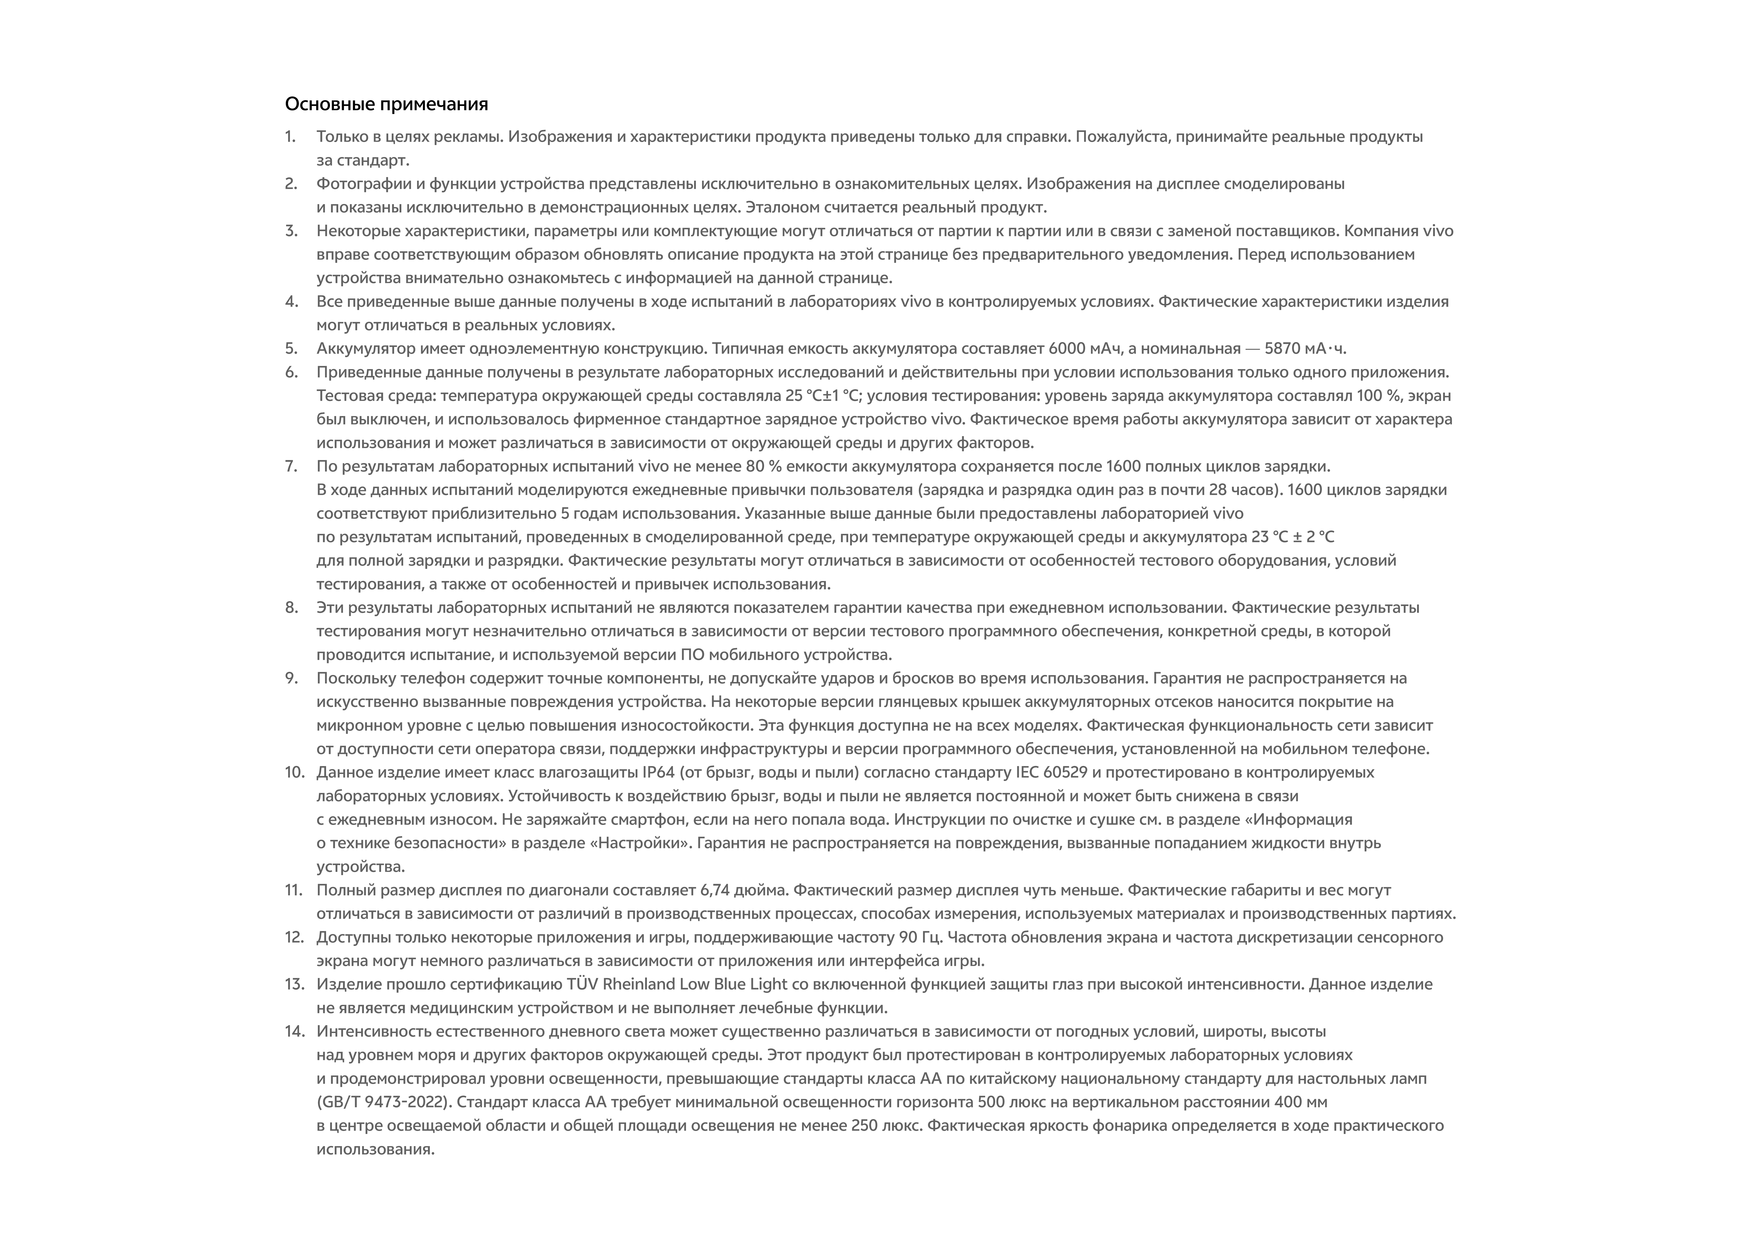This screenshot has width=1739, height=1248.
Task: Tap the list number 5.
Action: [x=291, y=349]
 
